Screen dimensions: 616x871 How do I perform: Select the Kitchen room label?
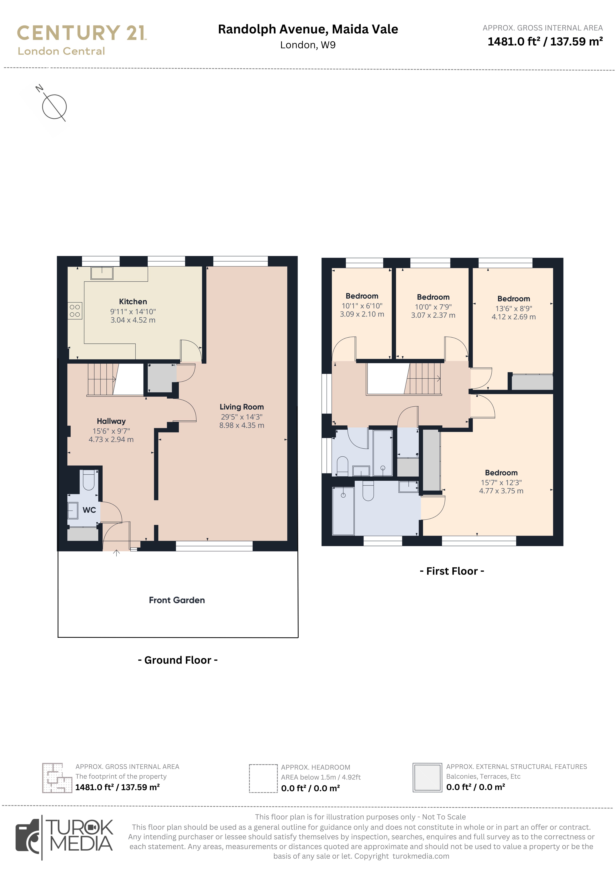(133, 302)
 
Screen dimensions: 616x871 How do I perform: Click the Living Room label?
(242, 407)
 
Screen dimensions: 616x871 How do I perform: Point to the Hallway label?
(111, 421)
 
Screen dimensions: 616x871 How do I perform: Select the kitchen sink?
(102, 273)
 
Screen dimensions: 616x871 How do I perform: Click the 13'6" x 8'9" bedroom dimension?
(514, 308)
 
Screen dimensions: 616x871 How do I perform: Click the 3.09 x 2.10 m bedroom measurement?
(362, 314)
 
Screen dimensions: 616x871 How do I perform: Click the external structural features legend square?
(427, 778)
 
